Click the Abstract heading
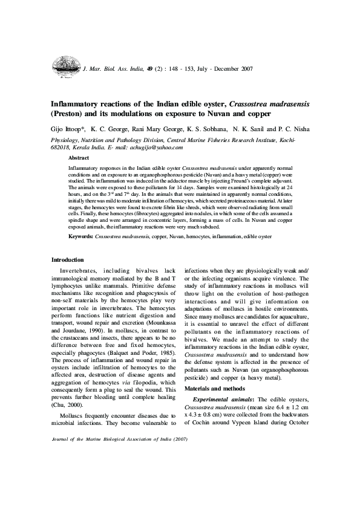tap(79, 157)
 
